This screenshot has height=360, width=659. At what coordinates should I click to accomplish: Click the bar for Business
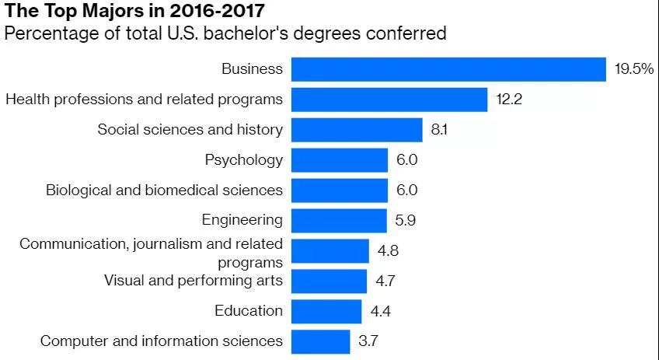tap(448, 69)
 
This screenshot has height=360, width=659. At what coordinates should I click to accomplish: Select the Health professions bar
tap(389, 100)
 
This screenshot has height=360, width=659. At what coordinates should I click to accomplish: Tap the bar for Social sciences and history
tap(357, 129)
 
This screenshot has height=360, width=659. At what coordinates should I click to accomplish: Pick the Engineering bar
tap(339, 220)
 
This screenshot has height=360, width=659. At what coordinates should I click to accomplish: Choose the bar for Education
tap(326, 311)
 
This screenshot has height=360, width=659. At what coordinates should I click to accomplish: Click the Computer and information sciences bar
tap(321, 341)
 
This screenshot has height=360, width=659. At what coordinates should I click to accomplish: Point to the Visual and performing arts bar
tap(329, 281)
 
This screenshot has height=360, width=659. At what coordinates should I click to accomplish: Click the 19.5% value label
tap(633, 69)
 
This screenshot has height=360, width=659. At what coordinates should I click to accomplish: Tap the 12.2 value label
tap(509, 100)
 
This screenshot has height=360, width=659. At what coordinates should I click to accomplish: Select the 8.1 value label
tap(439, 129)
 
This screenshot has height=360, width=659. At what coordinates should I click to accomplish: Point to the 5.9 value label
tap(405, 220)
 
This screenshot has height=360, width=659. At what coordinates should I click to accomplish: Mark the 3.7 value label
tap(368, 341)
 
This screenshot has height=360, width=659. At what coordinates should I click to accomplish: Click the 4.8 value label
tap(387, 250)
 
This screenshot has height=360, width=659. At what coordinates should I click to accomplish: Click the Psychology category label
tap(243, 160)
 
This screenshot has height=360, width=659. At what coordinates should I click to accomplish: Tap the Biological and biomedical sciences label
tap(164, 190)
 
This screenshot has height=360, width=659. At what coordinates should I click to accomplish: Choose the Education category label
tap(248, 311)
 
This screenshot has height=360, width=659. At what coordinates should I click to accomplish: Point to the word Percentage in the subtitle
tap(48, 33)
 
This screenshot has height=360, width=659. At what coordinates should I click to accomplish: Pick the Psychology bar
tap(339, 160)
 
